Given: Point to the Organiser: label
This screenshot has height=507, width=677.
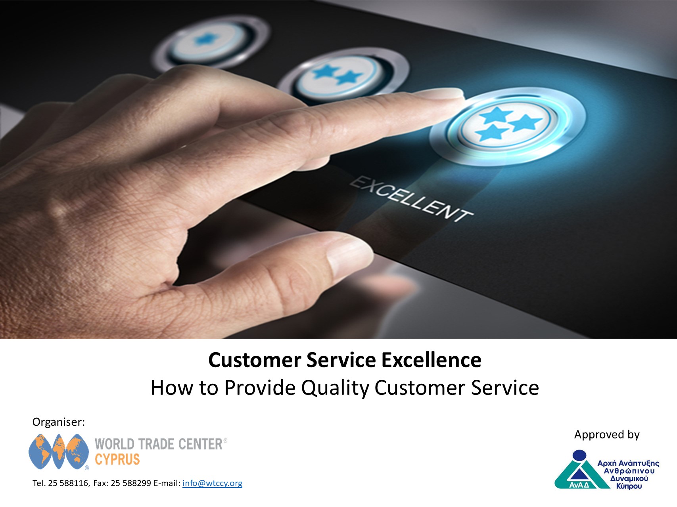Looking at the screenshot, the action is (x=59, y=422).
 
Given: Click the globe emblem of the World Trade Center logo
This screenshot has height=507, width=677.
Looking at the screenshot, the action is (x=59, y=452).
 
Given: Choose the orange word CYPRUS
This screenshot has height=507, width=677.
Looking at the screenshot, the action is (x=117, y=459).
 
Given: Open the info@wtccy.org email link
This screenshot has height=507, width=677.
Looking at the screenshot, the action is (x=212, y=483).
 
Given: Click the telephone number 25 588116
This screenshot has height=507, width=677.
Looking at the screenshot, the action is (x=68, y=483).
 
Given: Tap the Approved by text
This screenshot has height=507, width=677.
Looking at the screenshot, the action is (x=607, y=435).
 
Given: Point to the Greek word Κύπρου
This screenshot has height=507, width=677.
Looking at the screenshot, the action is (x=629, y=486).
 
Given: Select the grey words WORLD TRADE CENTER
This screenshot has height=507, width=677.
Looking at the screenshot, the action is (x=159, y=444).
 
